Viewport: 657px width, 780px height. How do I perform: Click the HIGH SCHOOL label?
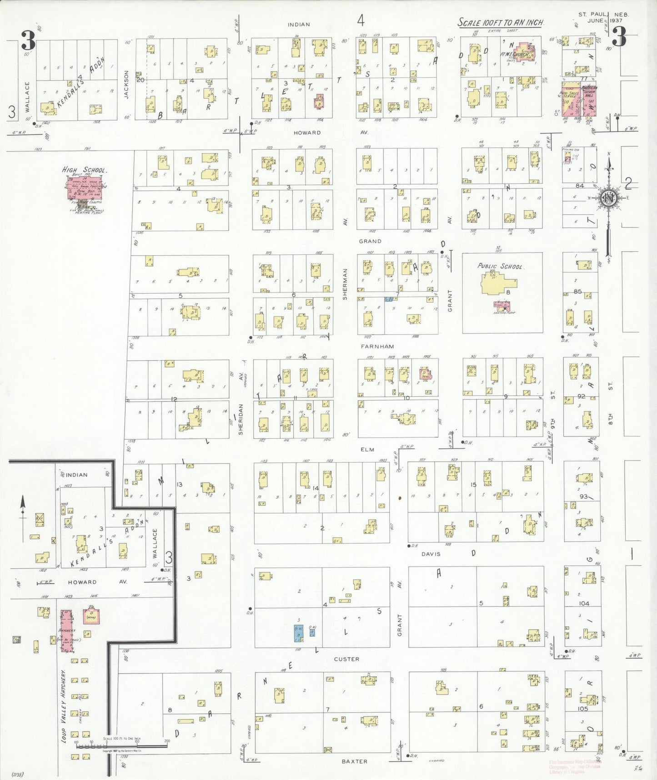[85, 170]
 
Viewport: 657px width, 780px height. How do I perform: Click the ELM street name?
[367, 450]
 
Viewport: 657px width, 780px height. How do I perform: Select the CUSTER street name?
[346, 659]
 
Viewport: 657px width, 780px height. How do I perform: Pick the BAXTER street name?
[354, 761]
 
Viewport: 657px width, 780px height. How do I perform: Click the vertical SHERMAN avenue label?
[345, 284]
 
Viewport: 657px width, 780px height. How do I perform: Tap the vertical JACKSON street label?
[126, 84]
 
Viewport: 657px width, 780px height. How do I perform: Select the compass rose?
[608, 198]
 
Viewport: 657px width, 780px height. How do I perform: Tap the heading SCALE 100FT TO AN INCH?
[501, 23]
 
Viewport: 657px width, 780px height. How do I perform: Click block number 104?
[584, 603]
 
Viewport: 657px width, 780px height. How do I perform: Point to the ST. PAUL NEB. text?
[604, 15]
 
